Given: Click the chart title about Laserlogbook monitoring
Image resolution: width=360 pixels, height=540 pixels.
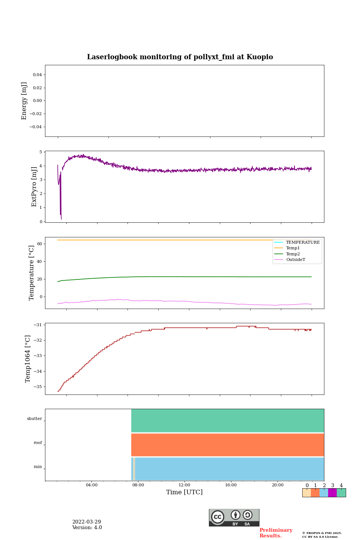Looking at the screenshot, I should pyautogui.click(x=180, y=57).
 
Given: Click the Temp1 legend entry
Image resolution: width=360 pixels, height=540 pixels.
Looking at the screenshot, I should pyautogui.click(x=293, y=248).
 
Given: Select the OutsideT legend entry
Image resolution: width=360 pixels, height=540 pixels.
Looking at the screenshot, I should pyautogui.click(x=295, y=260).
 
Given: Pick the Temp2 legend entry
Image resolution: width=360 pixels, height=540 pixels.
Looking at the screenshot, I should pyautogui.click(x=293, y=254).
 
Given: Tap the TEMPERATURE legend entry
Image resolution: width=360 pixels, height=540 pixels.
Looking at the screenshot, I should pyautogui.click(x=303, y=243).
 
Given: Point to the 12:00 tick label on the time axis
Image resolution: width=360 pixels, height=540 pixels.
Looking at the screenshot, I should pyautogui.click(x=184, y=485).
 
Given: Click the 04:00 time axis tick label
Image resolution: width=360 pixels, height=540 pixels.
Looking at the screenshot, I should pyautogui.click(x=91, y=485).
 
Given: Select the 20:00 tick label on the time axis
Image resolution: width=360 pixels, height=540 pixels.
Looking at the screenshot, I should pyautogui.click(x=277, y=485).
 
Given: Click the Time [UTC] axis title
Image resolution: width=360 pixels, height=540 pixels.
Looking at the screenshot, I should pyautogui.click(x=184, y=492).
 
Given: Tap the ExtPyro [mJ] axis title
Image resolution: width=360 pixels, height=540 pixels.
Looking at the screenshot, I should pyautogui.click(x=34, y=187).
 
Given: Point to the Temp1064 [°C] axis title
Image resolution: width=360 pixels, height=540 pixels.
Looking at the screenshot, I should pyautogui.click(x=28, y=359).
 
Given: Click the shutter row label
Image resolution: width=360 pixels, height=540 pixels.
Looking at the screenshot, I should pyautogui.click(x=34, y=419).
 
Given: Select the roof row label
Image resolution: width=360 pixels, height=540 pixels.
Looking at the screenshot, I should pyautogui.click(x=38, y=443).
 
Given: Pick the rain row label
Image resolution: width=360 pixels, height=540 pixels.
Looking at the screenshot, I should pyautogui.click(x=38, y=467).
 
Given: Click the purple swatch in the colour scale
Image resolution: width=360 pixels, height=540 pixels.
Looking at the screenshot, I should pyautogui.click(x=332, y=493).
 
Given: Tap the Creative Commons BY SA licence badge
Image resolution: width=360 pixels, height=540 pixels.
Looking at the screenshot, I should pyautogui.click(x=234, y=517).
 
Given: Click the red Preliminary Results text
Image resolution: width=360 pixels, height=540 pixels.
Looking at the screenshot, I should pyautogui.click(x=276, y=533).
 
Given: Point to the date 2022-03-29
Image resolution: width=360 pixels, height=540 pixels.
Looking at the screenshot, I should pyautogui.click(x=87, y=522).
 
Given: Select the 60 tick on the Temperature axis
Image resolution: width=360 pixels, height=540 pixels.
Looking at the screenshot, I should pyautogui.click(x=39, y=244).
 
